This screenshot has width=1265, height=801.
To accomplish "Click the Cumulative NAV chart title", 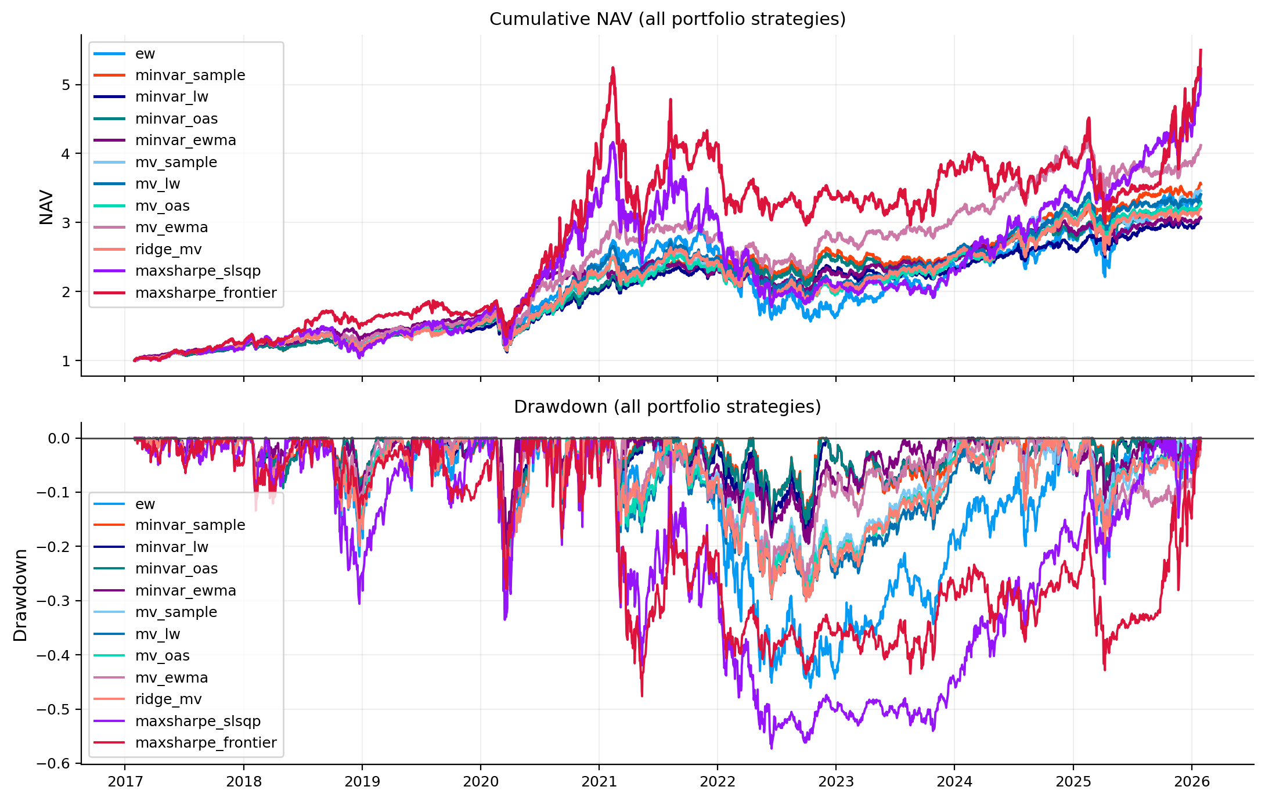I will click(667, 19).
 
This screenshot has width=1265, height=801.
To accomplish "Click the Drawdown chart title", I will click(667, 407).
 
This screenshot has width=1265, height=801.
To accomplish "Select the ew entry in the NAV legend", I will click(145, 54).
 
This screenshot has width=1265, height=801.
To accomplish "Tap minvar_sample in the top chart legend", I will click(190, 75).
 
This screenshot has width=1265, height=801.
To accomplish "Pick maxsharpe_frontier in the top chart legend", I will click(206, 293).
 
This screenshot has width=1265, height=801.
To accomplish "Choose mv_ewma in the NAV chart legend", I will click(171, 228).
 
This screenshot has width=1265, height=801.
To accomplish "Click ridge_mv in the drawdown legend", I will click(168, 699).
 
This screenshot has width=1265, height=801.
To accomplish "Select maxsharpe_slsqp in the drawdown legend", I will click(197, 721).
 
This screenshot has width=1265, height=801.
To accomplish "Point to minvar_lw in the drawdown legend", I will click(171, 547).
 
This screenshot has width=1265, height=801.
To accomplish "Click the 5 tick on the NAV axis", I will click(66, 85).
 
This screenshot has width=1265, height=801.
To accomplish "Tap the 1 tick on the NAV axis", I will click(66, 361).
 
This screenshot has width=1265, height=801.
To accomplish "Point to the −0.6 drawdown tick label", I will click(53, 764).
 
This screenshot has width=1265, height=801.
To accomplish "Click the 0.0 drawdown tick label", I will click(59, 439).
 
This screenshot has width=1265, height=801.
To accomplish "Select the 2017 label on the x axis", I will click(125, 782).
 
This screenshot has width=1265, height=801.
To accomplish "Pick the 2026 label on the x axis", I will click(1191, 782).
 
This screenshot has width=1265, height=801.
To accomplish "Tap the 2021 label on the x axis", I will click(599, 782).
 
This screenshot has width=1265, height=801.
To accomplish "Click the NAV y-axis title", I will click(46, 207).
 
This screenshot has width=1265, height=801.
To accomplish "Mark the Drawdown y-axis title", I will click(20, 595).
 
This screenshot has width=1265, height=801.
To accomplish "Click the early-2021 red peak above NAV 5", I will click(612, 68).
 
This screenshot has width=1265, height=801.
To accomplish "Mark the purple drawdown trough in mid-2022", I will click(772, 748).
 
